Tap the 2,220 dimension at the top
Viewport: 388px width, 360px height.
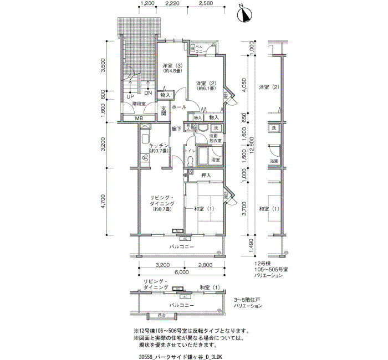coord(172,3)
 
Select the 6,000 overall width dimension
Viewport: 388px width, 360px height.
coord(181,272)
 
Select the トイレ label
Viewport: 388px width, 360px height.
coord(190,150)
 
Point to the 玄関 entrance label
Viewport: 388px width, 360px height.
coord(164,111)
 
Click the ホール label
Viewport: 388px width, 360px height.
coord(178,106)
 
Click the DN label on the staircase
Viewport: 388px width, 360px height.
coord(148,92)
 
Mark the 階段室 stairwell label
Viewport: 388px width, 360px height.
coord(139,104)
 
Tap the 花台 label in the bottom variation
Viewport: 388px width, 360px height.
coord(161,315)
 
